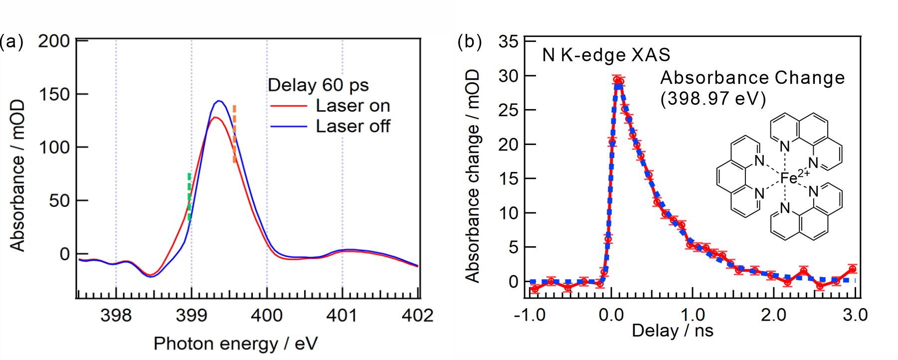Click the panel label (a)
click(11, 41)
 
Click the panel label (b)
click(469, 41)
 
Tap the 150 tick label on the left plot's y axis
click(54, 94)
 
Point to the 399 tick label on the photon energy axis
click(191, 316)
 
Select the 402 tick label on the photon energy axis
click(417, 316)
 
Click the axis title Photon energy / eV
click(235, 344)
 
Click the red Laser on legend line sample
click(289, 106)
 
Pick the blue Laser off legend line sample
click(289, 127)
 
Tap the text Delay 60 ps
click(318, 85)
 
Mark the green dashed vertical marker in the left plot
click(189, 197)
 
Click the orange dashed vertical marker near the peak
click(234, 134)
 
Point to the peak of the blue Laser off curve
click(218, 101)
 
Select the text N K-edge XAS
click(606, 55)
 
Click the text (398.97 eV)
click(713, 99)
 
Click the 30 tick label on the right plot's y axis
click(508, 76)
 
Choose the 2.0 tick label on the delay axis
click(773, 315)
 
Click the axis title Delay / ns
click(672, 331)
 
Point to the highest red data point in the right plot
click(618, 80)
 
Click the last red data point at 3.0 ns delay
click(852, 269)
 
